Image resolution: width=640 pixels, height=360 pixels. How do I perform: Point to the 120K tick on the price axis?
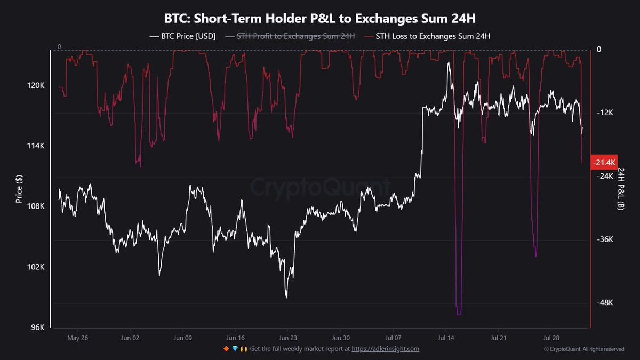[35, 85]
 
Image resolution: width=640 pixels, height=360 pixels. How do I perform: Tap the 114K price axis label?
[35, 146]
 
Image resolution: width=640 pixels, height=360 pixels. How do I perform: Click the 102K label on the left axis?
[35, 267]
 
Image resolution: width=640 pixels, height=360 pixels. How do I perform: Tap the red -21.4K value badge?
[605, 162]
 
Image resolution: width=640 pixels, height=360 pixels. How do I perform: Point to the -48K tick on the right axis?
[606, 302]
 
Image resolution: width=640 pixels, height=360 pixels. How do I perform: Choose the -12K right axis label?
[606, 113]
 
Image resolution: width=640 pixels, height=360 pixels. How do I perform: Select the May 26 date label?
[78, 338]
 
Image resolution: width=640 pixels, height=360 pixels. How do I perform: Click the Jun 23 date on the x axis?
[287, 338]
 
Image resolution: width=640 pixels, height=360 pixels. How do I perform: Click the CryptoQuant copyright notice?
[583, 349]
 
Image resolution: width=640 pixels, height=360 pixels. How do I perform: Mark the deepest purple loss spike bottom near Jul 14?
[459, 314]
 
